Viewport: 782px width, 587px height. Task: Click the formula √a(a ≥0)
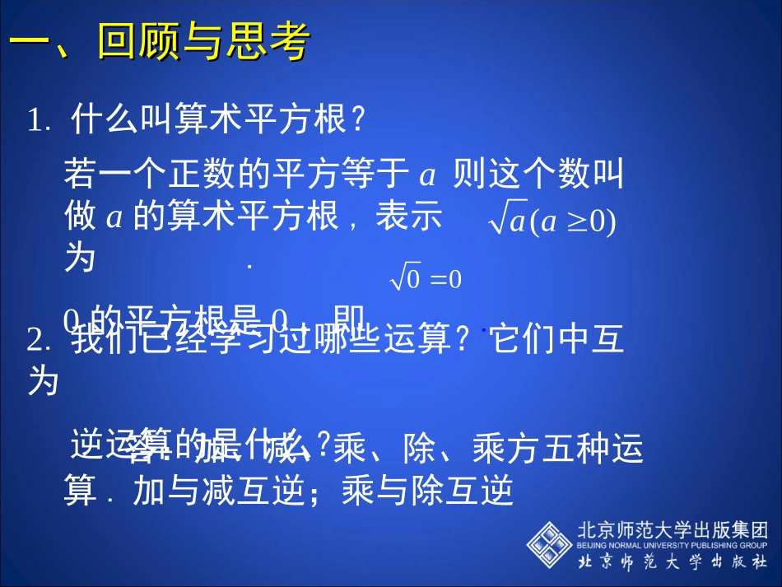[x=552, y=221]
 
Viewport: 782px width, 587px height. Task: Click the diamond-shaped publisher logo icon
[x=549, y=544]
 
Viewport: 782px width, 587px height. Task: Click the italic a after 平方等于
[x=426, y=175]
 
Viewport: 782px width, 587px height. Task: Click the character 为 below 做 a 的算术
[x=80, y=259]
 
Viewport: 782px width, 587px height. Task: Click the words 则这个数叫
[x=538, y=175]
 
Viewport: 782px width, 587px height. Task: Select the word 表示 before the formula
[x=408, y=217]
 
